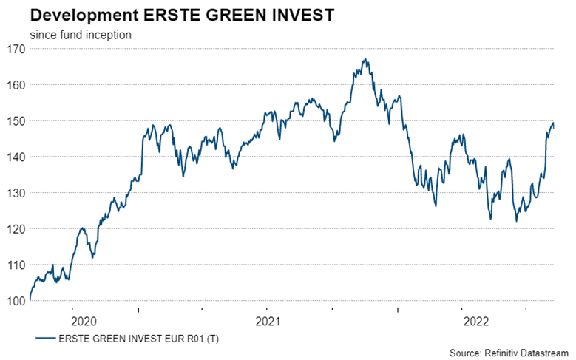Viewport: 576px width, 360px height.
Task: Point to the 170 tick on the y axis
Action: pos(16,50)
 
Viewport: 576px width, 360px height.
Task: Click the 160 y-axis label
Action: pos(16,85)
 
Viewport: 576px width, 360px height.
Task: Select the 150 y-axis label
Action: pos(16,121)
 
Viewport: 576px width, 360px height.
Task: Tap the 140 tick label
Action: pos(16,157)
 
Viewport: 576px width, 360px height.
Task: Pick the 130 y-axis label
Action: pos(16,194)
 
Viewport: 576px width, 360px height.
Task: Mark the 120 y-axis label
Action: pos(16,229)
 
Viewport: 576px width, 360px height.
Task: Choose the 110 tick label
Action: pos(16,265)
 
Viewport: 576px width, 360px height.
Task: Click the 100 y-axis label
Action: pos(16,301)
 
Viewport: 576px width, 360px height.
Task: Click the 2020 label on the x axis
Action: pos(83,321)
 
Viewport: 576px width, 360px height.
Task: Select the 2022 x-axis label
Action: pos(475,321)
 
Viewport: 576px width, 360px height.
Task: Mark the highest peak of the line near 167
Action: pos(365,60)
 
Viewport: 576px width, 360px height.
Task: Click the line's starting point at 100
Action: pos(30,300)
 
